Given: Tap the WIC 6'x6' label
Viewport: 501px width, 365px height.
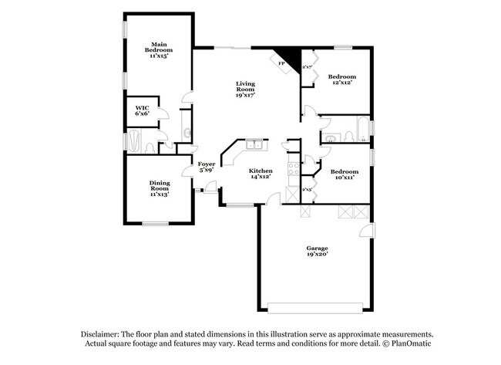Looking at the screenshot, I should pyautogui.click(x=142, y=110).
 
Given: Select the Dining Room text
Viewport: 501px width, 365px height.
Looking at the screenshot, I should pyautogui.click(x=160, y=188).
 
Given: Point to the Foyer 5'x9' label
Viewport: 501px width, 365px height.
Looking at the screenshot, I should pyautogui.click(x=206, y=167).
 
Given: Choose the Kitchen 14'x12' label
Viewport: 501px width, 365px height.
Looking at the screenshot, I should pyautogui.click(x=261, y=174).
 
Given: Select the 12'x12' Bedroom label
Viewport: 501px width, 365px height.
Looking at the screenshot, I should pyautogui.click(x=342, y=79).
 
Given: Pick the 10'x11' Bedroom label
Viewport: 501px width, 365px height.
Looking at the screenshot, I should pyautogui.click(x=343, y=174).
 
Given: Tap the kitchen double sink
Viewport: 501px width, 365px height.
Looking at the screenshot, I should pyautogui.click(x=254, y=145).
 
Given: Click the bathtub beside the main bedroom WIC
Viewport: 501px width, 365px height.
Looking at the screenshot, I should pyautogui.click(x=136, y=141).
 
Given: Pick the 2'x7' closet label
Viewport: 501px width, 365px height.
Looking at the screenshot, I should pyautogui.click(x=307, y=67).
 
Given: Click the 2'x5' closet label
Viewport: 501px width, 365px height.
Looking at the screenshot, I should pyautogui.click(x=307, y=189).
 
